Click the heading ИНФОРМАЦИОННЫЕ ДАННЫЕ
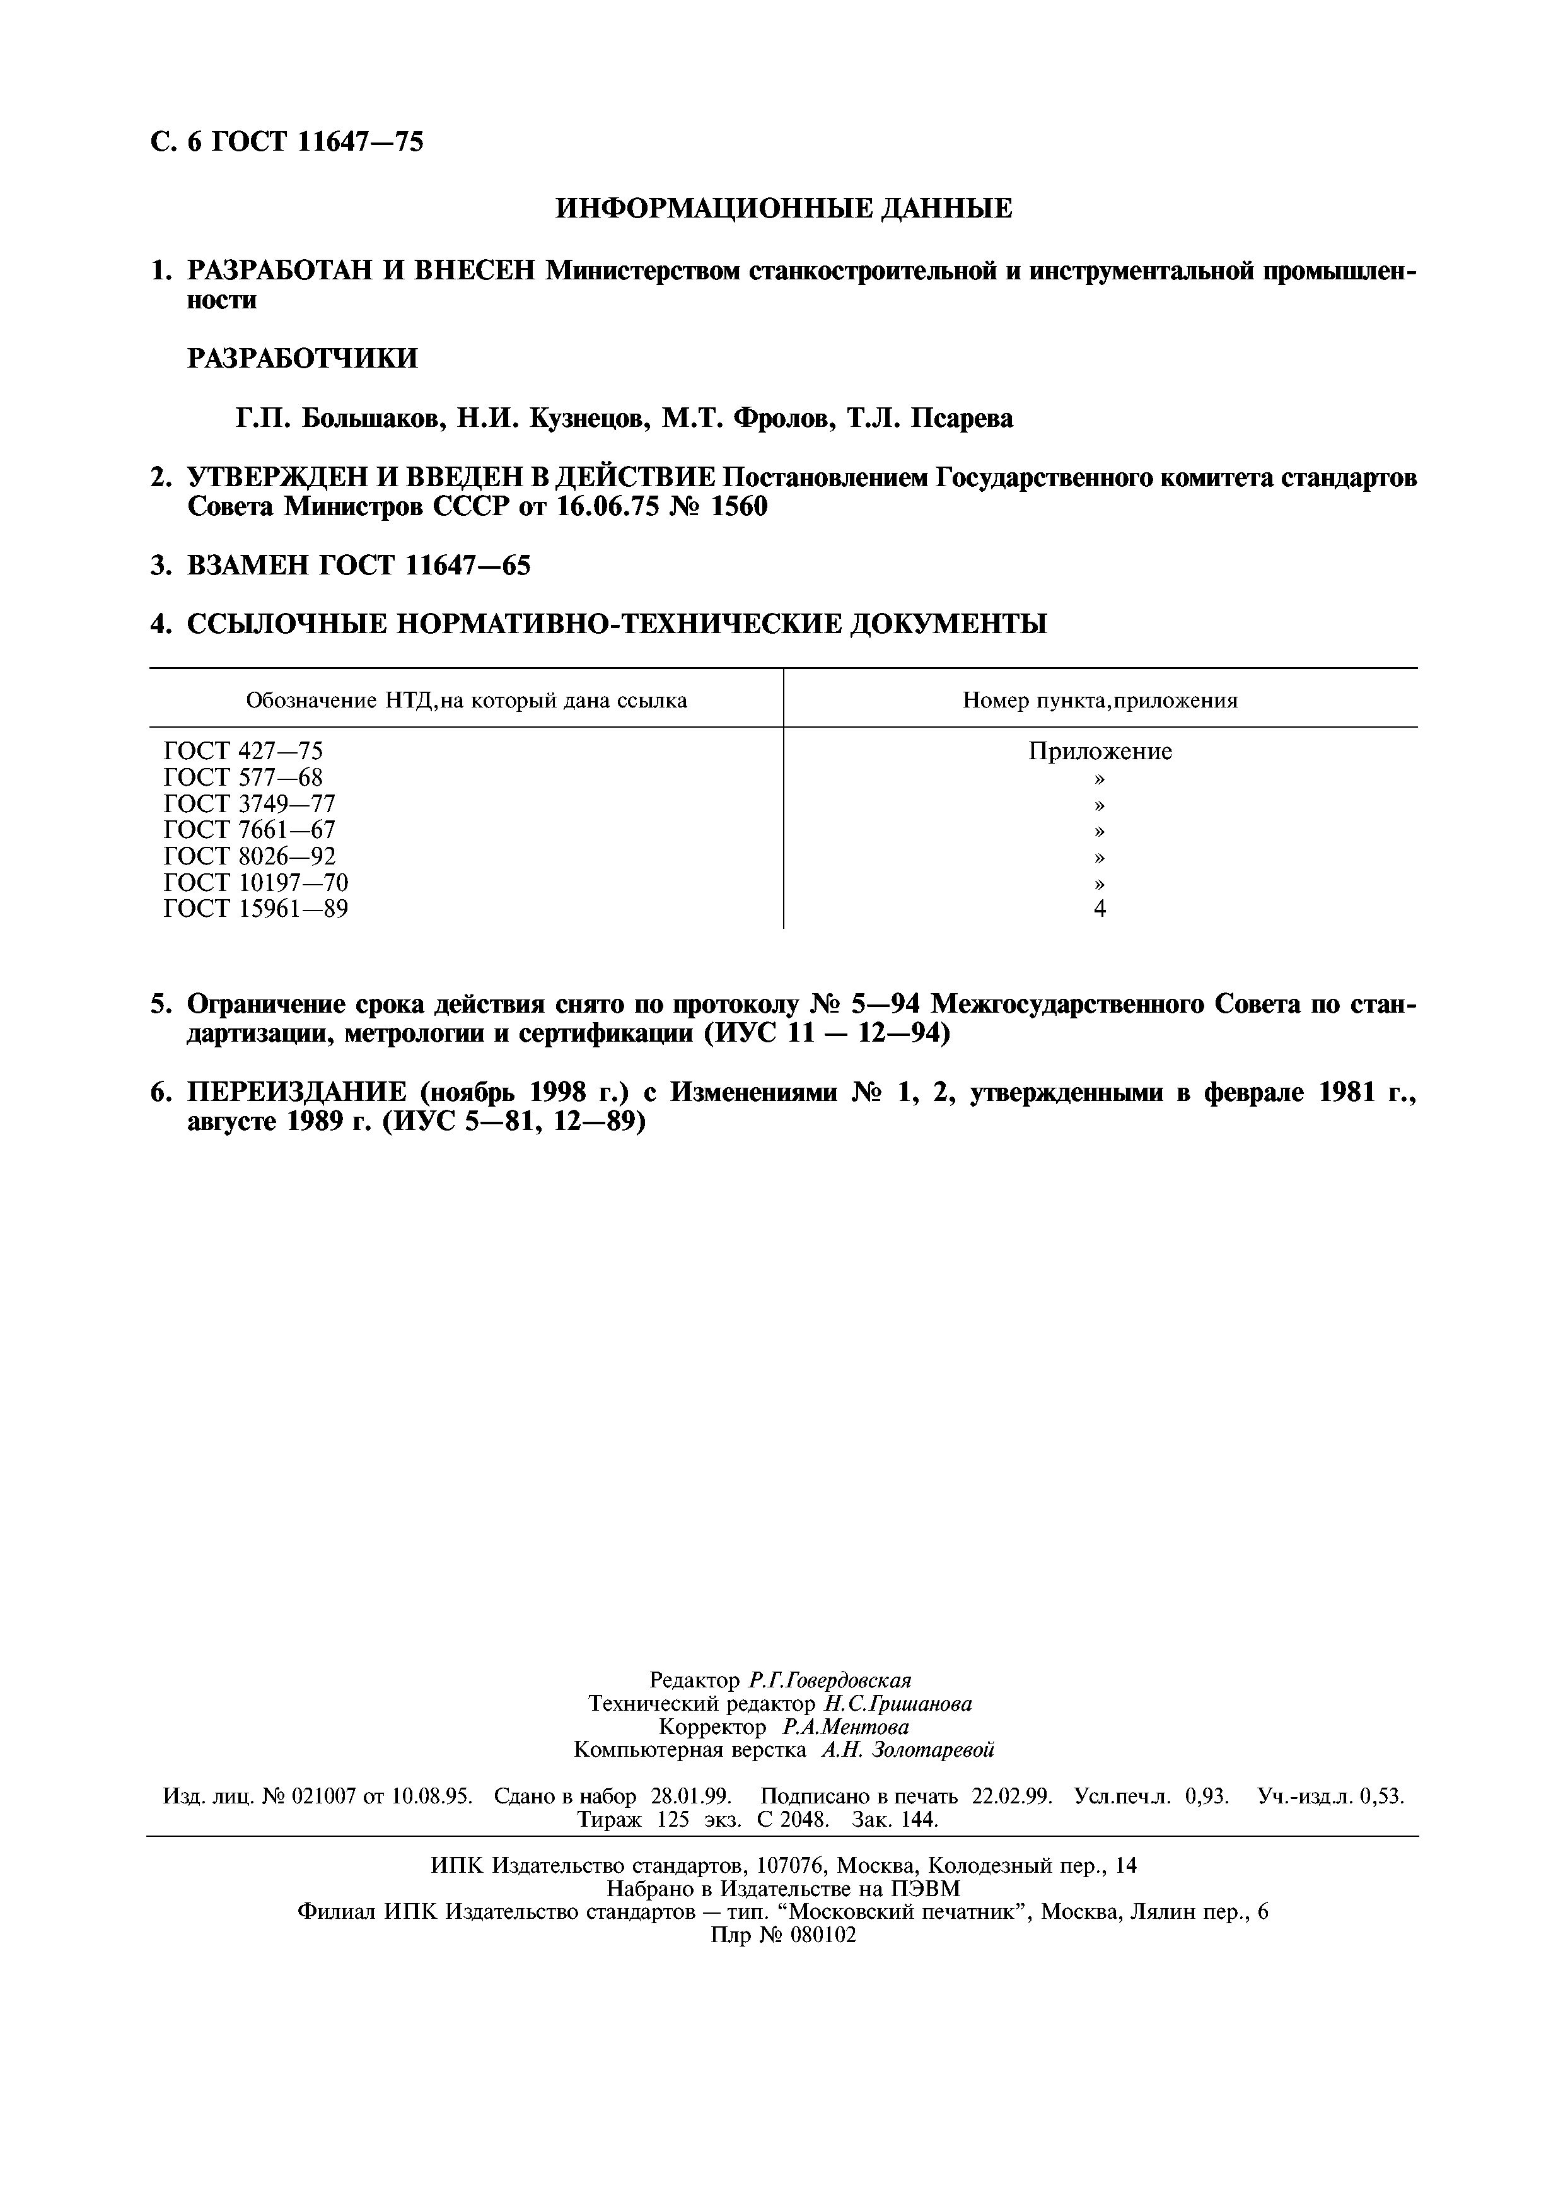(784, 208)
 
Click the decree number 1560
(739, 507)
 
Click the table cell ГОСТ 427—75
(243, 750)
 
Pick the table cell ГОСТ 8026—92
(250, 856)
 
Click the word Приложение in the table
(1100, 750)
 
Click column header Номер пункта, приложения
(1100, 701)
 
